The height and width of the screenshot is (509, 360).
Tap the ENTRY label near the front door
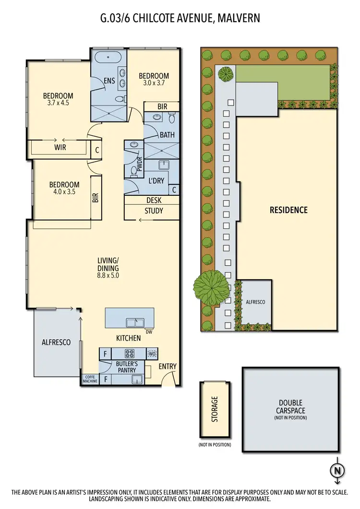168,367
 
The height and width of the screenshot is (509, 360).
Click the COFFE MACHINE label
90,379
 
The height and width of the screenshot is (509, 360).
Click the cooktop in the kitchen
129,354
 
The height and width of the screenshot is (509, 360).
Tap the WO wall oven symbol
152,354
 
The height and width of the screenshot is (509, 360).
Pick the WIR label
60,148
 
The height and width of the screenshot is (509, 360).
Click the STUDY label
154,211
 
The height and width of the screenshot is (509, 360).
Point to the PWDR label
140,166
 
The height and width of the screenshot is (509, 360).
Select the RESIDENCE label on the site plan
288,210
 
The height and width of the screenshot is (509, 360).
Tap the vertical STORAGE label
215,409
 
